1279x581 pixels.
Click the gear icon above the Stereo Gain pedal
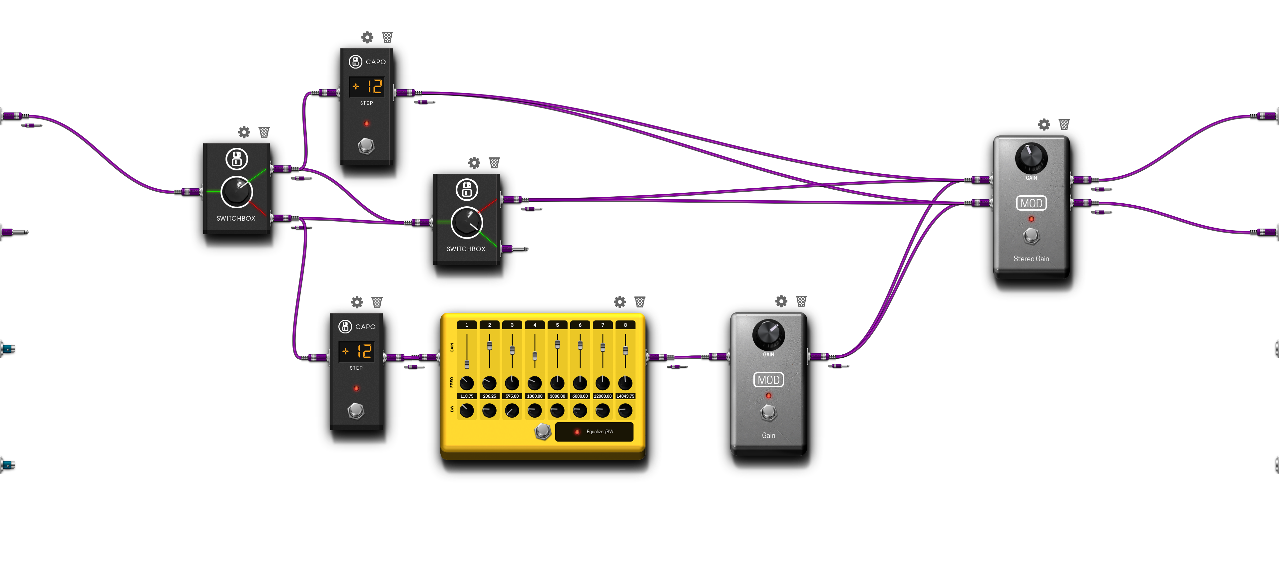tap(1044, 124)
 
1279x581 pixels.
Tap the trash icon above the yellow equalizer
tap(639, 302)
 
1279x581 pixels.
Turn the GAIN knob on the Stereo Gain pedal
tap(1031, 157)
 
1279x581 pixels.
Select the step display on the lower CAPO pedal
tap(356, 351)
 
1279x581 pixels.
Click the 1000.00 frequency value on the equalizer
tap(534, 396)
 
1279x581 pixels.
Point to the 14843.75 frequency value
tap(625, 396)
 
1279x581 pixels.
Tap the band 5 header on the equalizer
tap(557, 325)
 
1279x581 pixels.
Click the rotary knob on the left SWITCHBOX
tap(236, 192)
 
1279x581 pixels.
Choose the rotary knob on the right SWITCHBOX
tap(467, 223)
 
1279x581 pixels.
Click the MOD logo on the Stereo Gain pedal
tap(1031, 203)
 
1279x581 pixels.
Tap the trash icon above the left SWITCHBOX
tap(264, 132)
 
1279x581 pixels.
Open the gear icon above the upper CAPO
tap(367, 37)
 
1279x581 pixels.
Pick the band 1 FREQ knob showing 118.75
tap(467, 383)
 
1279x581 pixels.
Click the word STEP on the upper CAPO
tap(366, 103)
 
